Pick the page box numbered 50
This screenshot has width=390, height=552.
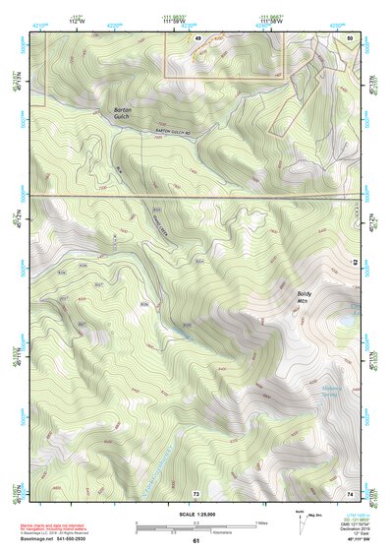point(352,37)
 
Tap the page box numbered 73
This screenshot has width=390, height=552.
point(195,493)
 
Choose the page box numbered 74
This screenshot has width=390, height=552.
point(351,493)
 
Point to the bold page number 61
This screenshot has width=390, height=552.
point(195,540)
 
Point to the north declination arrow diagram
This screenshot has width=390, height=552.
point(302,519)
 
